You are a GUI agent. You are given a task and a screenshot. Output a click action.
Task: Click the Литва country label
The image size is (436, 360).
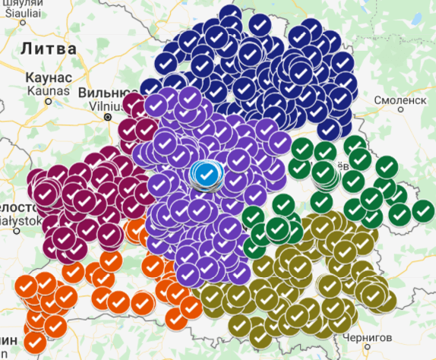click(49, 48)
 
